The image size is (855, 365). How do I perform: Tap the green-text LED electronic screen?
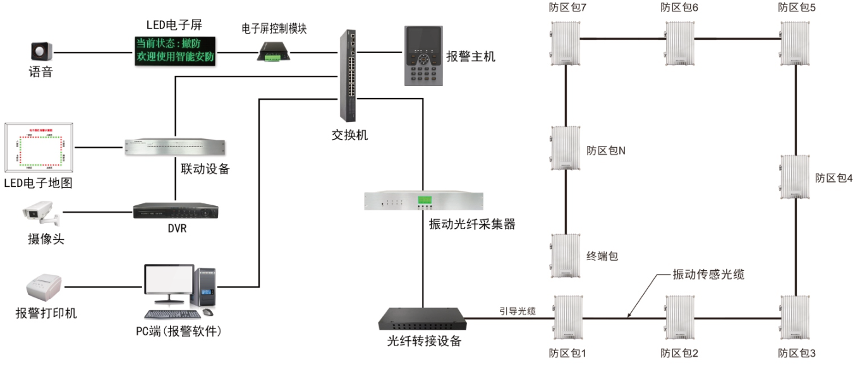pyautogui.click(x=175, y=51)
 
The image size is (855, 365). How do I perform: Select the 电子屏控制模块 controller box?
pyautogui.click(x=272, y=51)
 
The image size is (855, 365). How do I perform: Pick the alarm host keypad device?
pyautogui.click(x=423, y=56)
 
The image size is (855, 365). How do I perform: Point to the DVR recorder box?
pyautogui.click(x=176, y=211)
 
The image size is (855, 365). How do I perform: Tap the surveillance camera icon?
pyautogui.click(x=41, y=215)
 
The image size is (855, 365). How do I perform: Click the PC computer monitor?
pyautogui.click(x=168, y=285)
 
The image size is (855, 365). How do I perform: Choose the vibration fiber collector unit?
pyautogui.click(x=423, y=201)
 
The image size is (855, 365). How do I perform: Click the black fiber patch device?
pyautogui.click(x=422, y=320)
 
